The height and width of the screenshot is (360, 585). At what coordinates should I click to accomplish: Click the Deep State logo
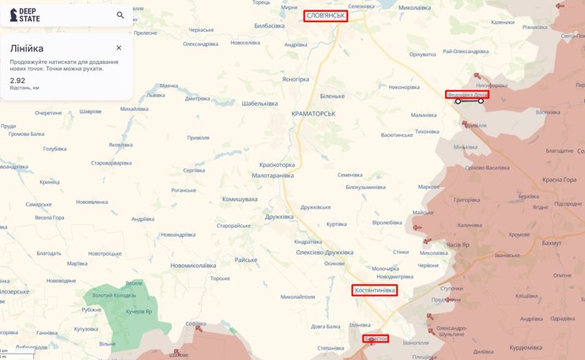(25, 15)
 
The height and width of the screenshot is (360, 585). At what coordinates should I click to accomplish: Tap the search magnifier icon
(120, 15)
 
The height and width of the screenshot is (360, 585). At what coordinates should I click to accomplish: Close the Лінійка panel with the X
(119, 47)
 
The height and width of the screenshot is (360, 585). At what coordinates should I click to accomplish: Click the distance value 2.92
(17, 80)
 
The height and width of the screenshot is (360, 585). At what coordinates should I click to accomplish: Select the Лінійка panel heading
(27, 48)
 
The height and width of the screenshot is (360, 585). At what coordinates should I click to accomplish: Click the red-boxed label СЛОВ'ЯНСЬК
(326, 15)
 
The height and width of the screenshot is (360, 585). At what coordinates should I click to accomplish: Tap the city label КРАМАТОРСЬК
(313, 113)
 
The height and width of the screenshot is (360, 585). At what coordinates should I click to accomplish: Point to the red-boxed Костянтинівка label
(374, 291)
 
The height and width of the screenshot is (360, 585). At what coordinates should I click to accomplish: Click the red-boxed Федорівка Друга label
(466, 94)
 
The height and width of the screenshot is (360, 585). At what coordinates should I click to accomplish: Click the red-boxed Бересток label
(376, 339)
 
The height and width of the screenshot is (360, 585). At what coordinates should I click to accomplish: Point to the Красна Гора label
(559, 180)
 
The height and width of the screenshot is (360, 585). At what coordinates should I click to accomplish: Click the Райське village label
(246, 260)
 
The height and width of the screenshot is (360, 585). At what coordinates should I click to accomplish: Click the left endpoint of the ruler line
(458, 101)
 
